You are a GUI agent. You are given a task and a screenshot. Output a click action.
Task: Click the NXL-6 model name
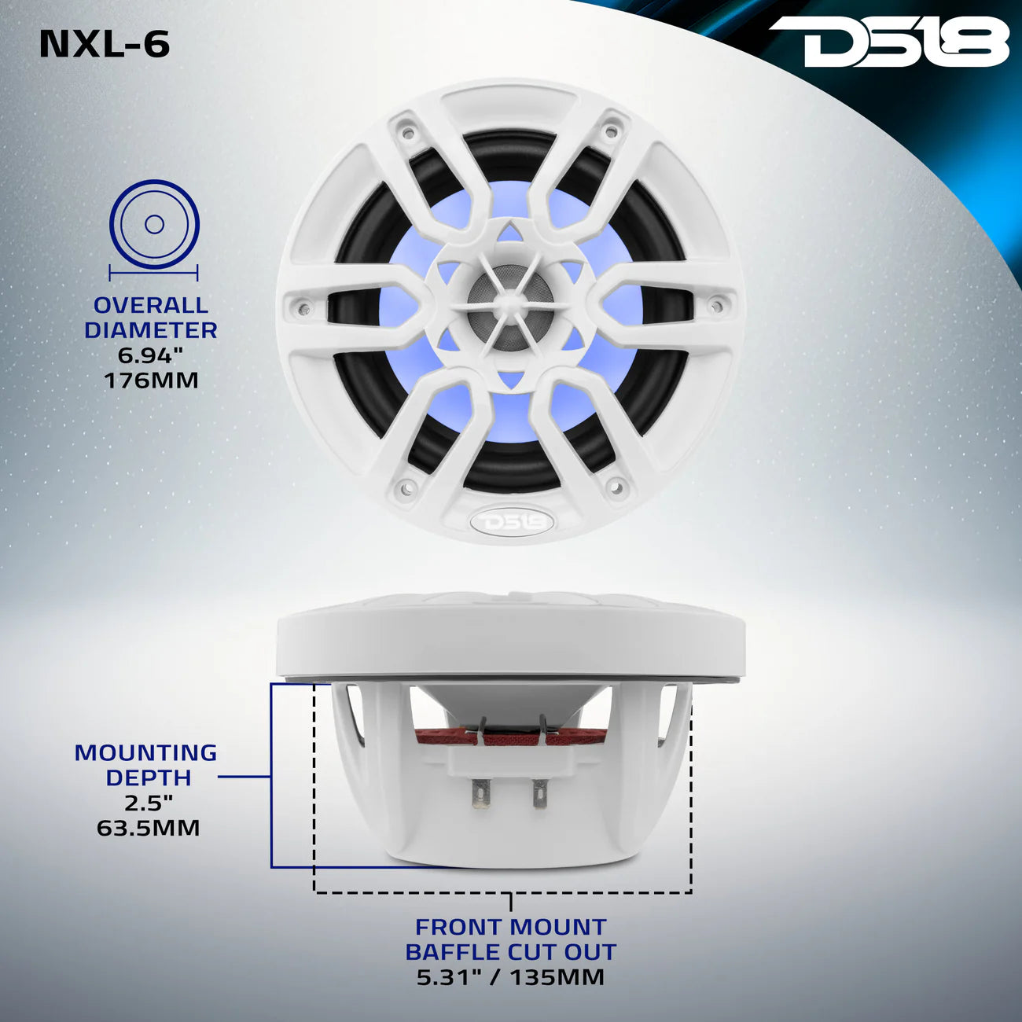105,44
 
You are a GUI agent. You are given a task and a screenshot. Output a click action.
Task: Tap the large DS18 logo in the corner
888,43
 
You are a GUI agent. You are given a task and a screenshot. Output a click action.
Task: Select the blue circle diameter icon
154,225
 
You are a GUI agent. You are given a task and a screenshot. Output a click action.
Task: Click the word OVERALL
151,305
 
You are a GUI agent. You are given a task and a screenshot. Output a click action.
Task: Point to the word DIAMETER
151,330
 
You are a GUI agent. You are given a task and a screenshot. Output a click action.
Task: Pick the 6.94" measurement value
151,355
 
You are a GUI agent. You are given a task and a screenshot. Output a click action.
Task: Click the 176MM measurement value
151,380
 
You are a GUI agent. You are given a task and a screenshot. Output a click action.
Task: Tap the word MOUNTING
145,752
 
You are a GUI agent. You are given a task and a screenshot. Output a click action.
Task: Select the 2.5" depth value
148,803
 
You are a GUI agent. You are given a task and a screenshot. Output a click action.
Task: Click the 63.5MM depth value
148,828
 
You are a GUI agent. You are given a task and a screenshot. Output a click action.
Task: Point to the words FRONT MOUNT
511,927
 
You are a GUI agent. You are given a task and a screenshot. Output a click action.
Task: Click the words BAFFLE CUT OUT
511,952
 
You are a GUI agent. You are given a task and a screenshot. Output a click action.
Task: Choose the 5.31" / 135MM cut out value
511,977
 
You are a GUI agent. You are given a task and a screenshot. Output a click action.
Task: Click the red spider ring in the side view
511,737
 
